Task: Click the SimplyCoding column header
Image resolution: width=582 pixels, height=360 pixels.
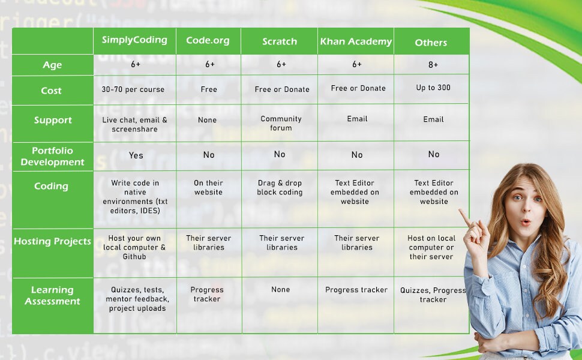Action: pos(134,40)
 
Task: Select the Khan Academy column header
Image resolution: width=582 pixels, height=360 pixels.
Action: pos(356,41)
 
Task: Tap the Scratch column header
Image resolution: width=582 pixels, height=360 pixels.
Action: pos(280,41)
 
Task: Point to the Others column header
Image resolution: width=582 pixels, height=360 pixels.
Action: pos(431,43)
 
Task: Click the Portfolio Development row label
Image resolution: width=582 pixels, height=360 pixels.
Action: pos(53,156)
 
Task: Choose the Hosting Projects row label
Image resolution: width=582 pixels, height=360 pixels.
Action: pos(53,241)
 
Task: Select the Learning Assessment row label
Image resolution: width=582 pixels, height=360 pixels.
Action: pos(53,295)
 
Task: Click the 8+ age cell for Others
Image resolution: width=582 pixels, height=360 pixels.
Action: pos(433,65)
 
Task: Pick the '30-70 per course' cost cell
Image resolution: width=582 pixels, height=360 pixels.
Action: pos(133,89)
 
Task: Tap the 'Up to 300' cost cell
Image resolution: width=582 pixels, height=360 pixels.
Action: pos(433,88)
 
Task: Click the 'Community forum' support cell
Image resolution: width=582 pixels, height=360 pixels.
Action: pos(281,123)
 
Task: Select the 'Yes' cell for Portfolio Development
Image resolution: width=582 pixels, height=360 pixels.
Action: pos(136,155)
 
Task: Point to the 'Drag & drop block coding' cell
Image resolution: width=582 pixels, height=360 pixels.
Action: pos(280,188)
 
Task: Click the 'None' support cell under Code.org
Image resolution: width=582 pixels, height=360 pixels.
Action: pos(208,120)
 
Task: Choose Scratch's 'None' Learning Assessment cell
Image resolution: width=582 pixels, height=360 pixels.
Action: pos(281,289)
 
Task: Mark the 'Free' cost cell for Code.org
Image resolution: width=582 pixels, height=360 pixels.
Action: pos(209,89)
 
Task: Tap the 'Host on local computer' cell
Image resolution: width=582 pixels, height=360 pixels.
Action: pos(431,247)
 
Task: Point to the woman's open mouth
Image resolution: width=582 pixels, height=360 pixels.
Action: pos(526,222)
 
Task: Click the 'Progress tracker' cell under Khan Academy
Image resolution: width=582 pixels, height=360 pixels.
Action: pos(356,290)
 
